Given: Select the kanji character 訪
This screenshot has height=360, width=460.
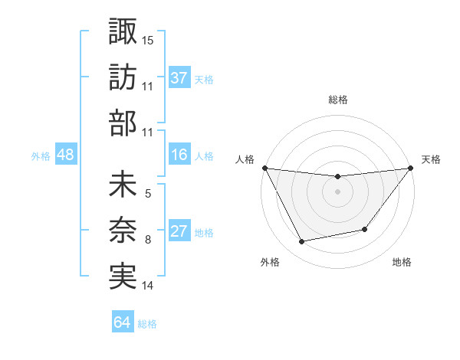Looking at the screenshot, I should (123, 77).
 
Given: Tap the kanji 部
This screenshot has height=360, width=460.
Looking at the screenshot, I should (123, 123).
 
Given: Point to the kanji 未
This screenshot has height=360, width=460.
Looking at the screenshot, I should (123, 186).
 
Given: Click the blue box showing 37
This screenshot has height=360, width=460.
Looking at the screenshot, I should (179, 78).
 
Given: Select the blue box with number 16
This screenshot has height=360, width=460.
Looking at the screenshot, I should (179, 155).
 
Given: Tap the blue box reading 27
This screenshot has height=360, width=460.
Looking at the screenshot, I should (179, 232).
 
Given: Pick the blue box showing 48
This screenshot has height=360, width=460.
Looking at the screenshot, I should (66, 155).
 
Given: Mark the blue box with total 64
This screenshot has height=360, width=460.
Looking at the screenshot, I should (123, 322).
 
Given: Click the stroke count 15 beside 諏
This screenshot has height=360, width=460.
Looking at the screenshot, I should (148, 39).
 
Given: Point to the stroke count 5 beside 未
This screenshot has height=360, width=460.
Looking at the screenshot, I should (148, 195).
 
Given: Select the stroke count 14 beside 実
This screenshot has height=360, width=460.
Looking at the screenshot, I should (148, 286).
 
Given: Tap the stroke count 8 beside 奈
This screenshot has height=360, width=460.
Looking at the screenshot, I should (148, 241).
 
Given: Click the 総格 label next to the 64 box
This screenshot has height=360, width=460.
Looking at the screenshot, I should (147, 324).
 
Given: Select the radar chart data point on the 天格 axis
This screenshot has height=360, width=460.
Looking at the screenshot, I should (411, 168).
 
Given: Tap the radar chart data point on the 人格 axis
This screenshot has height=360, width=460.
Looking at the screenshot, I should (264, 168).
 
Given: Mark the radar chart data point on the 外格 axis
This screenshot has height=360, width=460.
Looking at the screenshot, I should (302, 242).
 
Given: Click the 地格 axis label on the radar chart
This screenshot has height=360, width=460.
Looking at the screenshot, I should (402, 262).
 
